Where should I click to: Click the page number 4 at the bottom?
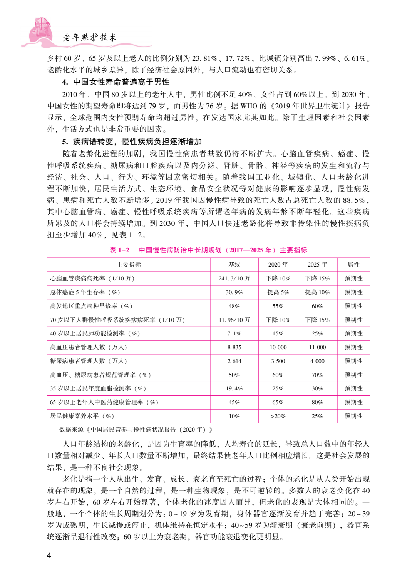tap(49, 555)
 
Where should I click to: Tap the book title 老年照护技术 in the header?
tap(89, 37)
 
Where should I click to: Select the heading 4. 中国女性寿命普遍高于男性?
tap(116, 82)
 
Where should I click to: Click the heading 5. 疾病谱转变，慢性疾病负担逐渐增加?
tap(132, 142)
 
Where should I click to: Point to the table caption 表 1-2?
tap(119, 250)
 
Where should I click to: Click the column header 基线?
tap(234, 265)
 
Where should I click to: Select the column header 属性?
tap(353, 265)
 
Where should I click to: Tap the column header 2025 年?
tap(317, 265)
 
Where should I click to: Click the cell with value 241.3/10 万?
tap(234, 278)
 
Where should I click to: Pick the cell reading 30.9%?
tap(234, 292)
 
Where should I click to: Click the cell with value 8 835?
tap(234, 347)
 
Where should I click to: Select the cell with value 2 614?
tap(234, 361)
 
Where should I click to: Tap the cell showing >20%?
tap(278, 416)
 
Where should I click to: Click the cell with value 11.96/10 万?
tap(234, 320)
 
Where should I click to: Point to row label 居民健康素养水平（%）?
tap(82, 416)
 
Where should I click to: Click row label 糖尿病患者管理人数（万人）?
tap(89, 361)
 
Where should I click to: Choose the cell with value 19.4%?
tap(234, 388)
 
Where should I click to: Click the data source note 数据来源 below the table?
tap(136, 430)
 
